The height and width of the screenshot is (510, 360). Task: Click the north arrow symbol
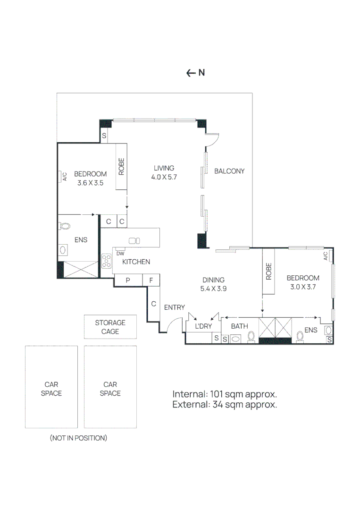191,73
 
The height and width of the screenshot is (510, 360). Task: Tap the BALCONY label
229,171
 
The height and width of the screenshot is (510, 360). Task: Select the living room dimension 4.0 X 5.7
164,177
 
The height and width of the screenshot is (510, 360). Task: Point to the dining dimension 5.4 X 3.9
213,289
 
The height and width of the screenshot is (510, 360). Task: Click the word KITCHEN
136,262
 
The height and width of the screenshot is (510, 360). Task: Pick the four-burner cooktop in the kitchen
107,261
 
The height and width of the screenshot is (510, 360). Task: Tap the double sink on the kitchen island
134,240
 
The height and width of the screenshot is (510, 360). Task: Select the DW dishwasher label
120,254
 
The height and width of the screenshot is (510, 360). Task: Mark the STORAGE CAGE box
110,327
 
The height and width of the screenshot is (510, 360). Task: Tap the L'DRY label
203,326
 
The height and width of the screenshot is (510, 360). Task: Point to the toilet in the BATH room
252,336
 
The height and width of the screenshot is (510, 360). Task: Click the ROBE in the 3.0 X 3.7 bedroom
269,272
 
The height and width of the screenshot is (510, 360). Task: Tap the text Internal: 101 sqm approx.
224,394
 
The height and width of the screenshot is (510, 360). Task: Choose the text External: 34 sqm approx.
224,405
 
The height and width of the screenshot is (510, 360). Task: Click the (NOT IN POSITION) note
78,438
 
